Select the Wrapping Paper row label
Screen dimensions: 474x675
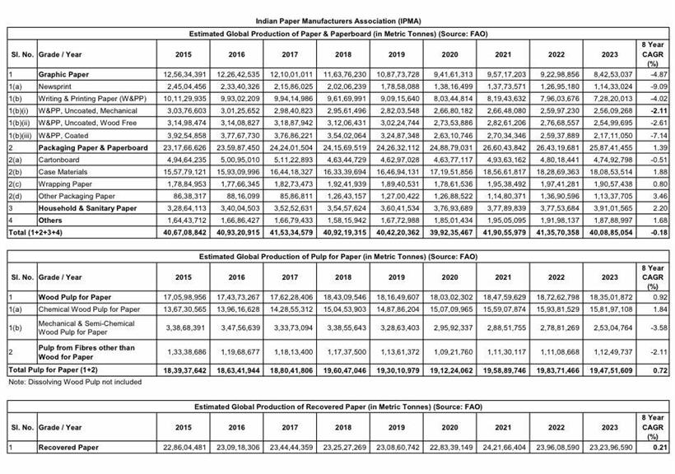click(65, 184)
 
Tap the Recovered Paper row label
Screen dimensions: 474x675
click(69, 447)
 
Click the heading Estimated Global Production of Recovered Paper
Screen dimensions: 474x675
click(337, 407)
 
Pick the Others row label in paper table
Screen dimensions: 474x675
click(52, 221)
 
